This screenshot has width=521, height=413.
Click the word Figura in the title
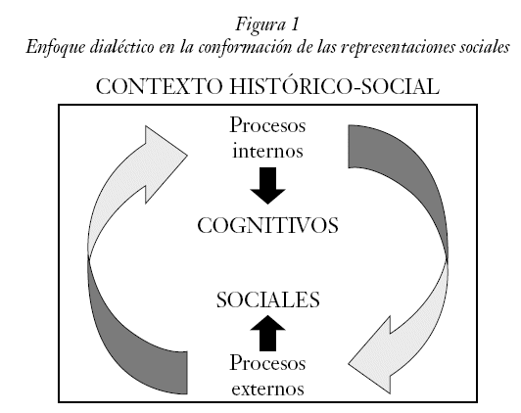[260, 24]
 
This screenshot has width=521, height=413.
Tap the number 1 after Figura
[295, 24]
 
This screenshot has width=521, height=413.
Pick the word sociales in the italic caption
[485, 47]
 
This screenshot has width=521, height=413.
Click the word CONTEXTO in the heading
[160, 86]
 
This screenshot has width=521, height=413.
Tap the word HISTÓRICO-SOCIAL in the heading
[334, 86]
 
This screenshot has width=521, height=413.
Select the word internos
[267, 151]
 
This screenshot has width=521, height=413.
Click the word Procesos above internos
[267, 125]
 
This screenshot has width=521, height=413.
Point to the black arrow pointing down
[267, 185]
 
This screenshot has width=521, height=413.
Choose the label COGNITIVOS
[267, 225]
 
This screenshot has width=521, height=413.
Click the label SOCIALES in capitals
[267, 299]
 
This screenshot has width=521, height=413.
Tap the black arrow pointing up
[267, 333]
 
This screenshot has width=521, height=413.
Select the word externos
[267, 389]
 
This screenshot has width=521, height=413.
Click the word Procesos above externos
[267, 363]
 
